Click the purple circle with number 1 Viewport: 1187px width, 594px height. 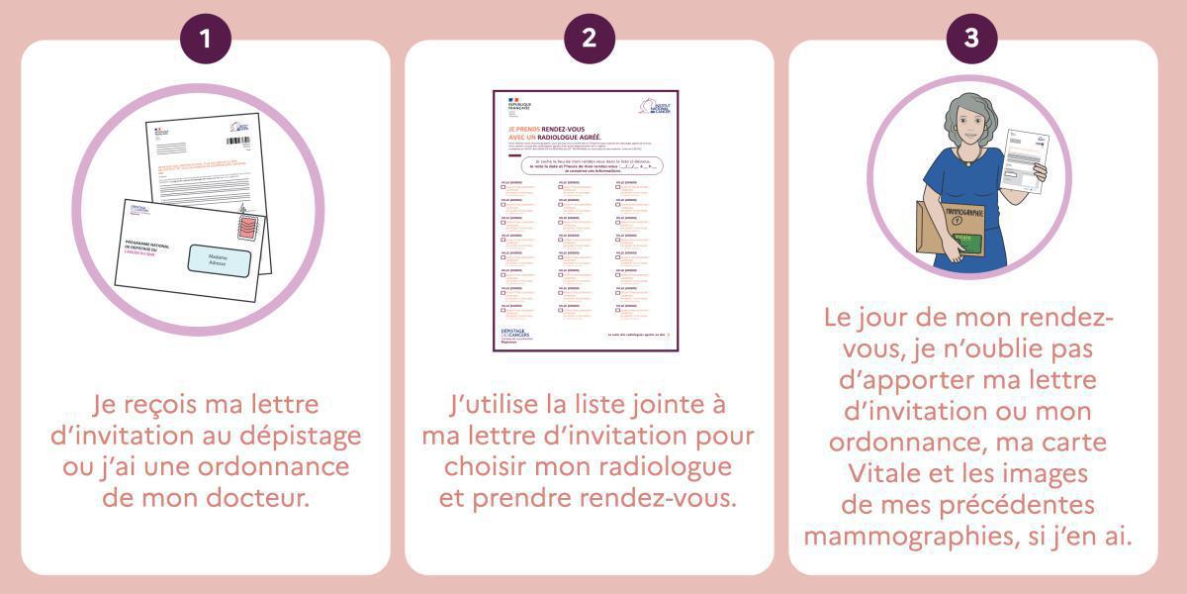[205, 39]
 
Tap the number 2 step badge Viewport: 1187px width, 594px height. [590, 39]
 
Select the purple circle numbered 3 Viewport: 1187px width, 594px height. [972, 39]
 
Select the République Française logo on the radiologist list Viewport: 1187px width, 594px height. [518, 104]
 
